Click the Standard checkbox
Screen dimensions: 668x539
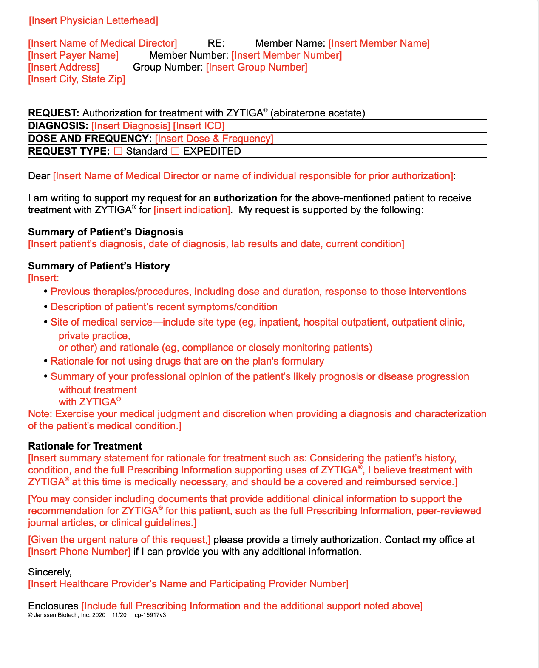tap(118, 151)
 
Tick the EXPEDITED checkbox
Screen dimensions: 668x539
tap(175, 151)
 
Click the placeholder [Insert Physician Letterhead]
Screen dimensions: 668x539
tap(94, 20)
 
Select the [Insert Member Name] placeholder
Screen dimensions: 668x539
tap(379, 43)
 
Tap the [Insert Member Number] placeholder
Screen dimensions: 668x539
tap(287, 55)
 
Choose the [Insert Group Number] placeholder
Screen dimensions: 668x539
tap(256, 67)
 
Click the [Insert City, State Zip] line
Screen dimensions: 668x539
tap(77, 79)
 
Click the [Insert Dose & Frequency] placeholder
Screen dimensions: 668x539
tap(214, 139)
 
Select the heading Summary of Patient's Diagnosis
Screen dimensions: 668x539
tap(105, 232)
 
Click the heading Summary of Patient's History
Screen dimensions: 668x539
tap(99, 266)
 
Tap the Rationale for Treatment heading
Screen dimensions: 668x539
tap(85, 446)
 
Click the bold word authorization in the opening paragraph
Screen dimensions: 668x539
tap(245, 198)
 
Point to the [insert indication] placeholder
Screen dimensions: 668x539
tap(192, 210)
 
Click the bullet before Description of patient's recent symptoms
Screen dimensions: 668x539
tap(46, 307)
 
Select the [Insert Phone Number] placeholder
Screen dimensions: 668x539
tap(79, 552)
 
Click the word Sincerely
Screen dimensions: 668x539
tap(50, 572)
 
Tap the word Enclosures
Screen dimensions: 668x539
tap(53, 606)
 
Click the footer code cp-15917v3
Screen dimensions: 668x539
tap(150, 615)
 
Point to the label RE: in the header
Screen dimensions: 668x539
tap(216, 43)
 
